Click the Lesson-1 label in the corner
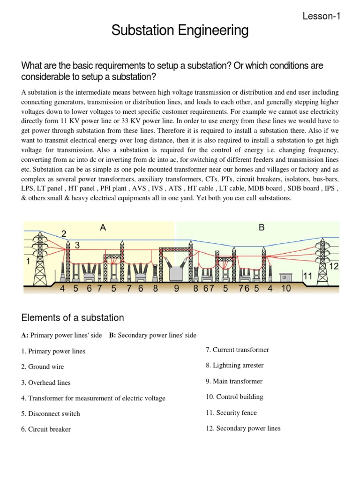point(322,16)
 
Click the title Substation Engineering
point(180,31)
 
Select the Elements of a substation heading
point(73,318)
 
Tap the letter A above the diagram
point(103,228)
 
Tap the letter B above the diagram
point(262,228)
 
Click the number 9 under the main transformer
point(177,289)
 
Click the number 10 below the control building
point(285,289)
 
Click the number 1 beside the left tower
point(29,263)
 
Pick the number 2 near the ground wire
point(64,233)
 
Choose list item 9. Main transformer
point(234,381)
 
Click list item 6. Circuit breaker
point(46,429)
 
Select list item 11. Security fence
point(231,412)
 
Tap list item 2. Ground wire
point(43,367)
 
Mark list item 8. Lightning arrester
point(234,365)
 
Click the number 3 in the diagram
point(77,245)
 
